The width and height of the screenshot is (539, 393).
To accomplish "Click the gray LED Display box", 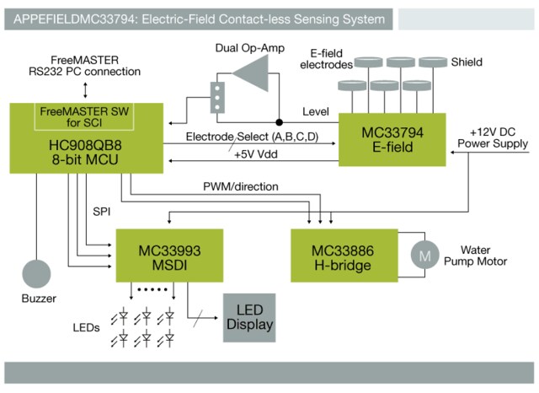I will point(248,317).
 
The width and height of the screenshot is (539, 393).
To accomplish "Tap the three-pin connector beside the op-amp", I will point(219,96).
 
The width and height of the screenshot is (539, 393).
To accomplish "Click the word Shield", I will point(467,62).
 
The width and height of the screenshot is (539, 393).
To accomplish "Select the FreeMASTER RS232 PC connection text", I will point(76,62).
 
